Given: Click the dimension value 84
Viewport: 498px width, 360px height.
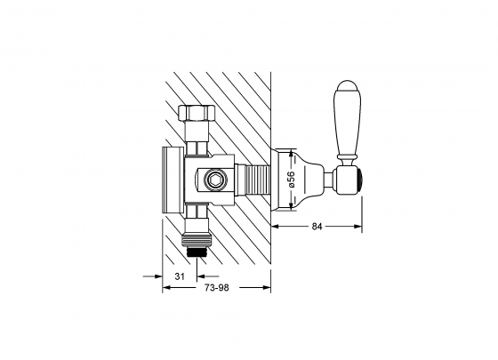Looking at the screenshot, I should [317, 227].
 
